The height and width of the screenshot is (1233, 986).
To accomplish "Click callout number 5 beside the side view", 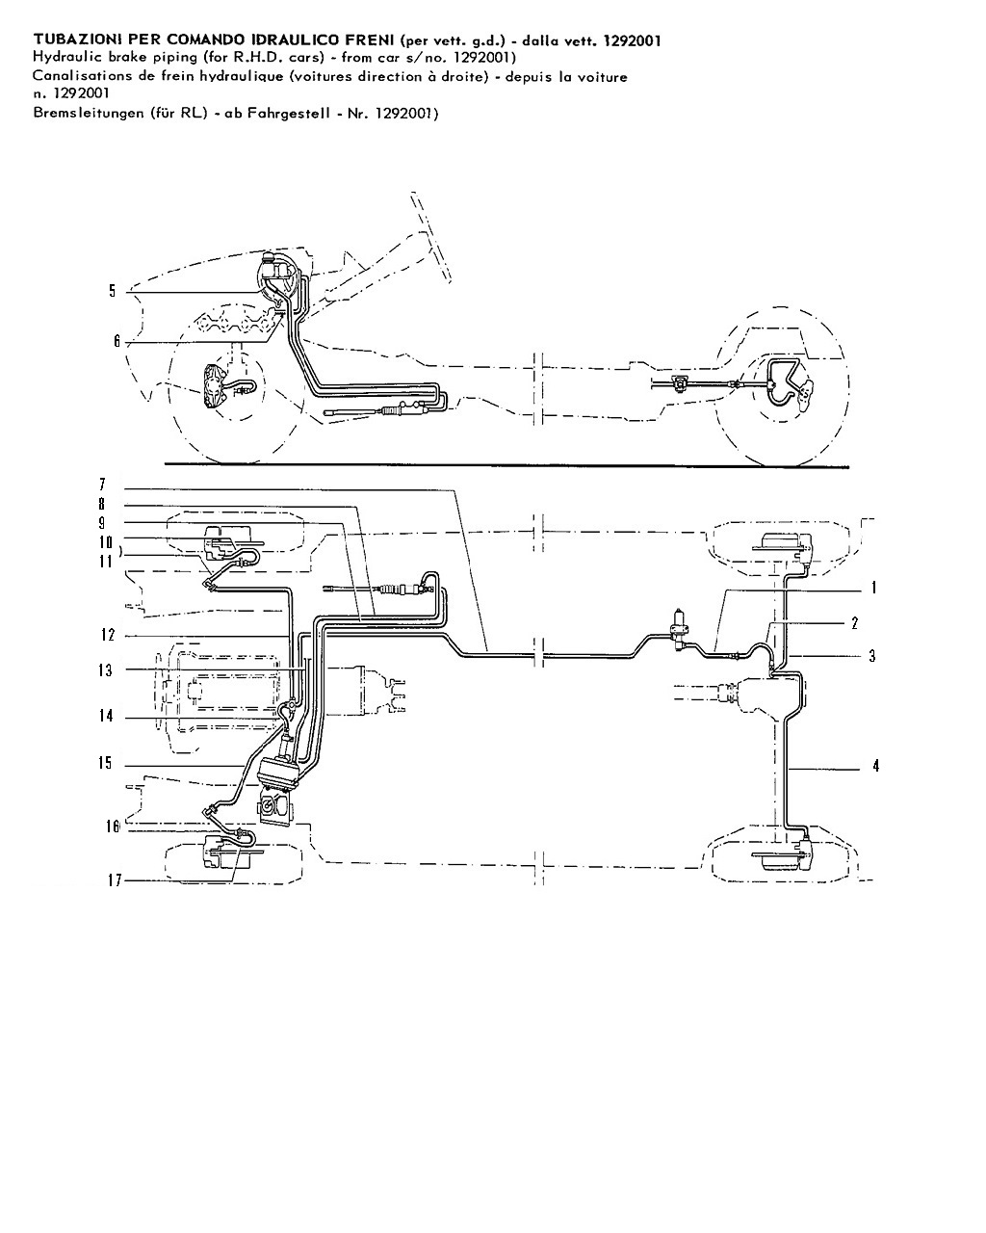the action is (113, 291).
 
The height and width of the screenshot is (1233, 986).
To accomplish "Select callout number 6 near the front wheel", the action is (117, 341).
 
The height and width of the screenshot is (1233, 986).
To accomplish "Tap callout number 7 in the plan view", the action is (103, 485).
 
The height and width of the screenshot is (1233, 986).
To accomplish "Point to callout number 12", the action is (108, 635).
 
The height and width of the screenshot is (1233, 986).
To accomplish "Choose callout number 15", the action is (105, 763).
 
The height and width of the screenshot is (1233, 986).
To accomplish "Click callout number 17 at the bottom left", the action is (116, 880).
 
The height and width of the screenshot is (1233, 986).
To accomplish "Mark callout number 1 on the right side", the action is (873, 588).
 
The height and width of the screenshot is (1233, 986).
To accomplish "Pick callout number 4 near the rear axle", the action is (875, 766).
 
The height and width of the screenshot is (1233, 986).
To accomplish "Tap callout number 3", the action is (872, 656).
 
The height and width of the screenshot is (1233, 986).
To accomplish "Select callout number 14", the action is (106, 716).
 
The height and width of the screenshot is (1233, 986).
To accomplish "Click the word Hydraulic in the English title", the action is (60, 57).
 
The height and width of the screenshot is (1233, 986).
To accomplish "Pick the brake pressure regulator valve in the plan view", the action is (680, 630).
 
